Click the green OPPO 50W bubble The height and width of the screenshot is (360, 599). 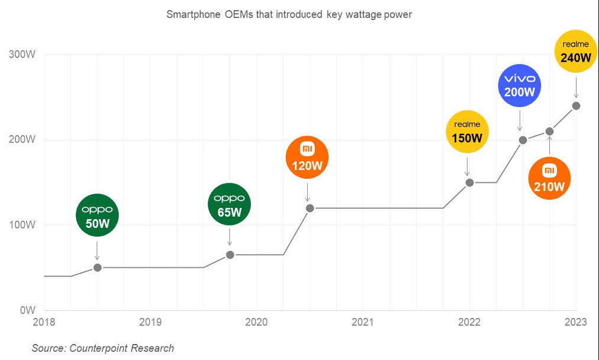coord(98,215)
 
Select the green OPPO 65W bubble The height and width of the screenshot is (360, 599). coord(230,204)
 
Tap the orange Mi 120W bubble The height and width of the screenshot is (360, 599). coord(307,157)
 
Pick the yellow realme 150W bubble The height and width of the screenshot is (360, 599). coord(468,132)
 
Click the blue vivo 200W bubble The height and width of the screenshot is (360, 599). coord(520,85)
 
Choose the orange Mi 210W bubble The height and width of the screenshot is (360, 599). coord(549,178)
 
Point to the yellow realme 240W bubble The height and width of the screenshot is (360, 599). coord(577,52)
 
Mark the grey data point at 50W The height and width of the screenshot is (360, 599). coord(98,268)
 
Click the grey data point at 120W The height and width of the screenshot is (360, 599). coord(310,208)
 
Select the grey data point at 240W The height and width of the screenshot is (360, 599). coord(576,106)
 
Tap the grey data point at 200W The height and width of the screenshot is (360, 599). coord(523,140)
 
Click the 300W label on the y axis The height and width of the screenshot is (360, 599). coord(23,55)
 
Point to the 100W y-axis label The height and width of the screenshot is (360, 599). coord(23,225)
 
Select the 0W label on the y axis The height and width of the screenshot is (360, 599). coord(28,310)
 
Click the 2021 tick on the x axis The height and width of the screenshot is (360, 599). coord(362,322)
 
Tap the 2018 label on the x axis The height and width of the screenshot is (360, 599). coord(44,322)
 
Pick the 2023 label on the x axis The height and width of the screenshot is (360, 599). coord(575,322)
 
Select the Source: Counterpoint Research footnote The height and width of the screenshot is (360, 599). coord(103,348)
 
